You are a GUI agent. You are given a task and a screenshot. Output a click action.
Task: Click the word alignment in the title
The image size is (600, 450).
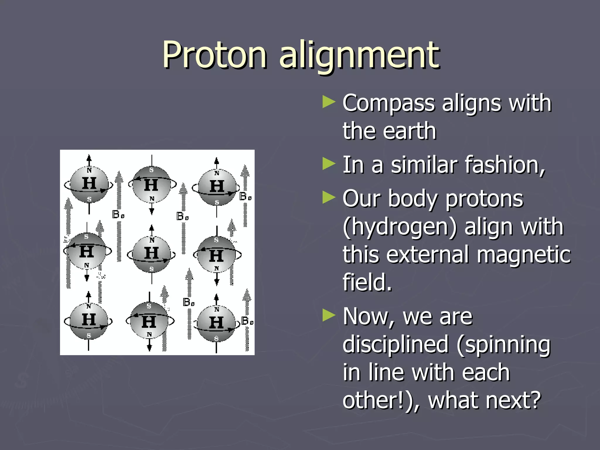[x=359, y=56]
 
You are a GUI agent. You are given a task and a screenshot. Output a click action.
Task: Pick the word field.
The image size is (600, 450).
[x=367, y=282]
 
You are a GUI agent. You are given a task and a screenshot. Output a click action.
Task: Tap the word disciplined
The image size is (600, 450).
[x=396, y=345]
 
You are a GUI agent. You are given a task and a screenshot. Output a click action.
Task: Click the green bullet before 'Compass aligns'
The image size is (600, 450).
[x=328, y=103]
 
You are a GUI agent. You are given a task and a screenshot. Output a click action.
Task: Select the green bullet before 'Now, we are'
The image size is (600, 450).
[x=328, y=316]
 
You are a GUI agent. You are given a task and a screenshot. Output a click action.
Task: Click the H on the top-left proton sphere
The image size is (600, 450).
[x=89, y=184]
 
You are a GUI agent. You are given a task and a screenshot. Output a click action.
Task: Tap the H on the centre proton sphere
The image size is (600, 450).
[x=151, y=253]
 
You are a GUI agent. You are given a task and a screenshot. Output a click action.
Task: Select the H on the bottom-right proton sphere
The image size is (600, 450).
[x=217, y=323]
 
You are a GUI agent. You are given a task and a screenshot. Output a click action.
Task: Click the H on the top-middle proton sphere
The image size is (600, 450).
[x=151, y=185]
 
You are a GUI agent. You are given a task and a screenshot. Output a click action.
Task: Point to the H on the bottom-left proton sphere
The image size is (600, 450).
[x=89, y=320]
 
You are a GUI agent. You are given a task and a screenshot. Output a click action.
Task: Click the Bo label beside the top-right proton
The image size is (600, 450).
[x=245, y=197]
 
